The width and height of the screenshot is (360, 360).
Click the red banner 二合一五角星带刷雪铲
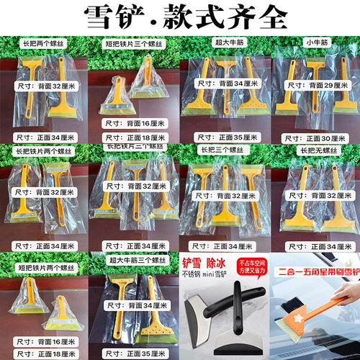pos(315,273)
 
